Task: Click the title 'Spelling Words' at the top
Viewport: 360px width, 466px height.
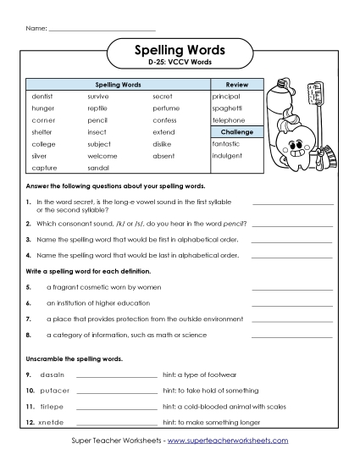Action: click(x=180, y=52)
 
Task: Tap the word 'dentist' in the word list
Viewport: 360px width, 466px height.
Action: click(x=42, y=97)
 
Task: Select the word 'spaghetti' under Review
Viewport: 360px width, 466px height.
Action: click(x=227, y=108)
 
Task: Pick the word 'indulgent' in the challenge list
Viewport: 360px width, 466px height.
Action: click(x=227, y=156)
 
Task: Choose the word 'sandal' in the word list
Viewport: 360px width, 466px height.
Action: click(x=98, y=168)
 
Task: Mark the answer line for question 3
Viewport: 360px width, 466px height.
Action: click(x=291, y=241)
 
